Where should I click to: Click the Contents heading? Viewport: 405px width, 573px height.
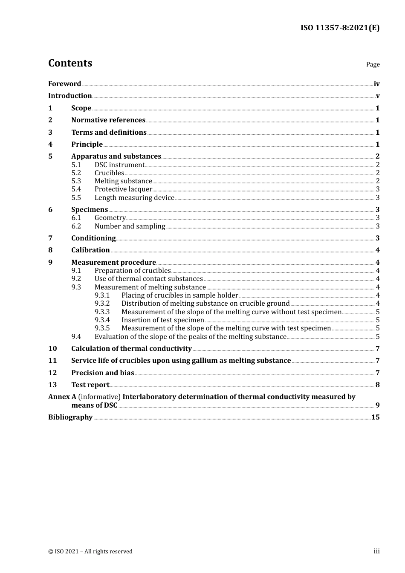point(70,63)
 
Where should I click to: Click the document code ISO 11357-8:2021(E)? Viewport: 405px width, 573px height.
point(340,28)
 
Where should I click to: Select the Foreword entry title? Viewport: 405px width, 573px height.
point(64,84)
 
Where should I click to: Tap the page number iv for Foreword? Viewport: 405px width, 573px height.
point(376,84)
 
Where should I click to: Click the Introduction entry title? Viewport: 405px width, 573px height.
point(70,96)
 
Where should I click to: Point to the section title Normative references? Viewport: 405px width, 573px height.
point(108,120)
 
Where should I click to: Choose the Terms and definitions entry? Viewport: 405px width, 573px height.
point(109,132)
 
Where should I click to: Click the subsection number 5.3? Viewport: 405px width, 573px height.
point(76,181)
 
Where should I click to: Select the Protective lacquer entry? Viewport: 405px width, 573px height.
point(123,189)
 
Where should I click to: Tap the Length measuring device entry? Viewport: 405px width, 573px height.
point(134,198)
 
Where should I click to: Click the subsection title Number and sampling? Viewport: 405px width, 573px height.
point(130,226)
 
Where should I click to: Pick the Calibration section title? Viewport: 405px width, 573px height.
point(90,250)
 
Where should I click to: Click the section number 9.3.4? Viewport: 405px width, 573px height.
point(102,320)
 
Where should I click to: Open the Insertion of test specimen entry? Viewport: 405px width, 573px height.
point(162,320)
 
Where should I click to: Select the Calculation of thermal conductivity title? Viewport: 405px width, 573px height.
point(131,349)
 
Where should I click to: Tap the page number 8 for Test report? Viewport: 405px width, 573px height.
point(377,385)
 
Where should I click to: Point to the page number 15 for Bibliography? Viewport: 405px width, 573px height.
point(375,417)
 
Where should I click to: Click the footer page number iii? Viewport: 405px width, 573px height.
point(376,551)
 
